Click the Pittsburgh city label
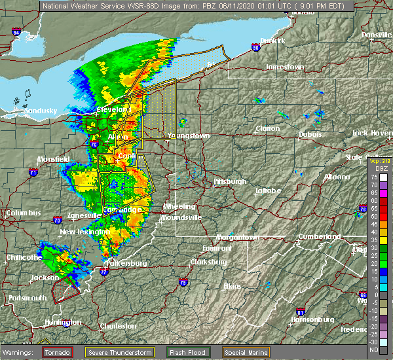[x=230, y=181]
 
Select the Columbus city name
[x=23, y=213]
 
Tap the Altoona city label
[x=337, y=177]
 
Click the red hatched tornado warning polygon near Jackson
[x=65, y=286]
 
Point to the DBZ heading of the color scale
[x=374, y=169]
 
